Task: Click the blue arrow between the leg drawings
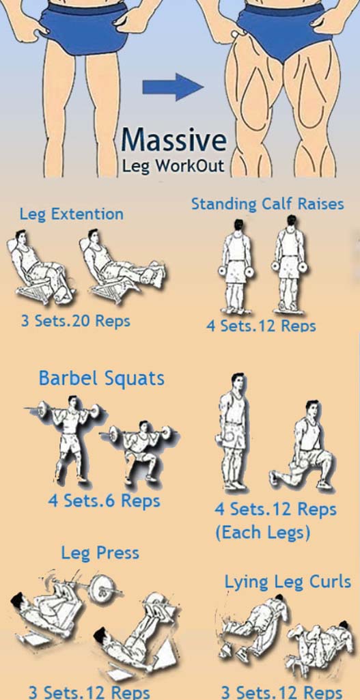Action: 173,87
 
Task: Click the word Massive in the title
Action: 174,139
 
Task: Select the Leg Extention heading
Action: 72,214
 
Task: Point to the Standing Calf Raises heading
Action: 268,204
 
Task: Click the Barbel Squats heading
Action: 101,379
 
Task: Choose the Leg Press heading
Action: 100,553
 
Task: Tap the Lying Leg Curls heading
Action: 288,582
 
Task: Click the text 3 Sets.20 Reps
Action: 75,320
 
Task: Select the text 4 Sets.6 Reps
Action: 104,500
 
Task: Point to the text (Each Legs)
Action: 262,533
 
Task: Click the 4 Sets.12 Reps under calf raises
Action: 261,326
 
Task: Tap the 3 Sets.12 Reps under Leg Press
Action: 89,692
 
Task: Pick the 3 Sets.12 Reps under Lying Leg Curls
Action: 282,692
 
